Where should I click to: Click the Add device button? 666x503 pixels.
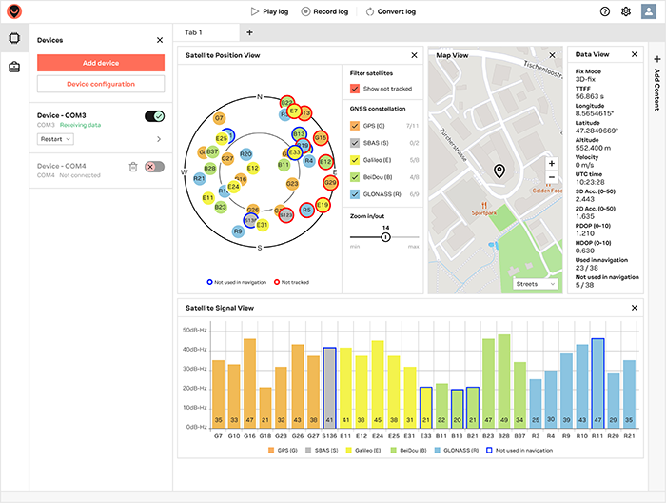tap(101, 63)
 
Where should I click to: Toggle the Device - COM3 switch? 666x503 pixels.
tap(154, 116)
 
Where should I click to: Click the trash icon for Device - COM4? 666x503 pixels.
tap(133, 167)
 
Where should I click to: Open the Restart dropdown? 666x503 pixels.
tap(55, 139)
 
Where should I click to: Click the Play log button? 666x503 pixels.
tap(269, 11)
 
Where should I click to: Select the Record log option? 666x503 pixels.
tap(323, 11)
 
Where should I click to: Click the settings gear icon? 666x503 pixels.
tap(626, 11)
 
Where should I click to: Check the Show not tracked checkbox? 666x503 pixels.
tap(356, 89)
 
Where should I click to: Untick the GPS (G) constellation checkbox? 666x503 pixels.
tap(356, 126)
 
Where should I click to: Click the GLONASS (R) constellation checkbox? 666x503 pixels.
tap(356, 193)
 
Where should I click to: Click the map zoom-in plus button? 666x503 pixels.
tap(552, 164)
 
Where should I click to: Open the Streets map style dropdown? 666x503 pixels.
tap(536, 283)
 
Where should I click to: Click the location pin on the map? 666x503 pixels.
tap(499, 171)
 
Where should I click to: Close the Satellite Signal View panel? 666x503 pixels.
tap(635, 308)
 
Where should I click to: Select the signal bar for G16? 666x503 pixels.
tap(250, 381)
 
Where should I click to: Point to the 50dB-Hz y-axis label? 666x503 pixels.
tap(195, 330)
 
